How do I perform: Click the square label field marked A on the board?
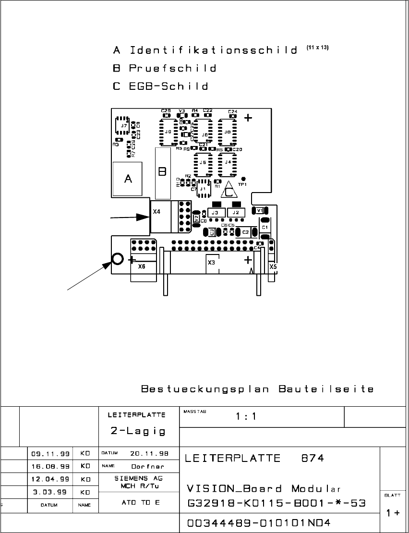coord(128,179)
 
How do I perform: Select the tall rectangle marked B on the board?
coord(163,173)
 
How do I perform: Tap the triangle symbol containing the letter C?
coord(229,192)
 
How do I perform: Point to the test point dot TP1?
coord(243,178)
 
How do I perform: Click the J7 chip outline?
coord(124,125)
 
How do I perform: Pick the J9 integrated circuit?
coord(168,132)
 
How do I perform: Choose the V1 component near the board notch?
coord(260,210)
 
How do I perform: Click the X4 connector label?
coord(156,211)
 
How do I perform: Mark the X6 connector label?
coord(142,266)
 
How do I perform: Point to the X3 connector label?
coord(211,263)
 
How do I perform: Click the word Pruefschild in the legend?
coord(172,68)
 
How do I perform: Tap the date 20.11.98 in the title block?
coord(147,453)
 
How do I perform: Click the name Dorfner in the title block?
coord(147,466)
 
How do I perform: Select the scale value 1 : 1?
coord(246,416)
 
